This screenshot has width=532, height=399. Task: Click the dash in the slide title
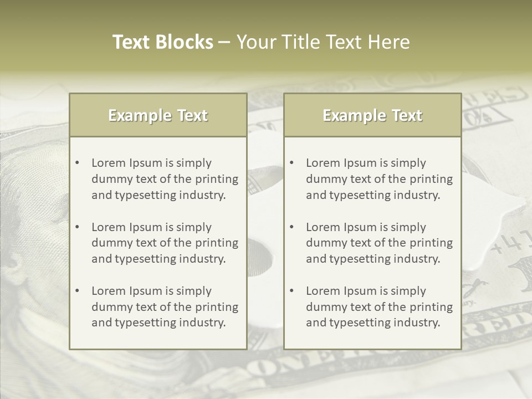click(224, 43)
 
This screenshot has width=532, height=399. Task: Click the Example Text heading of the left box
click(158, 115)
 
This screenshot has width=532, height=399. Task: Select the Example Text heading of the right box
click(372, 115)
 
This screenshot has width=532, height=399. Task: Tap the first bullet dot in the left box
click(78, 163)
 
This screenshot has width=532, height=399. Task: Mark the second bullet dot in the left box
click(78, 227)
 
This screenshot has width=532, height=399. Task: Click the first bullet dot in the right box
click(292, 163)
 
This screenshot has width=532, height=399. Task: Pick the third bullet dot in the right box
click(292, 291)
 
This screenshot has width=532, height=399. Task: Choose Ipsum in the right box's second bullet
click(362, 227)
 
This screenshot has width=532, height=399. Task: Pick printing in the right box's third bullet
click(431, 307)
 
